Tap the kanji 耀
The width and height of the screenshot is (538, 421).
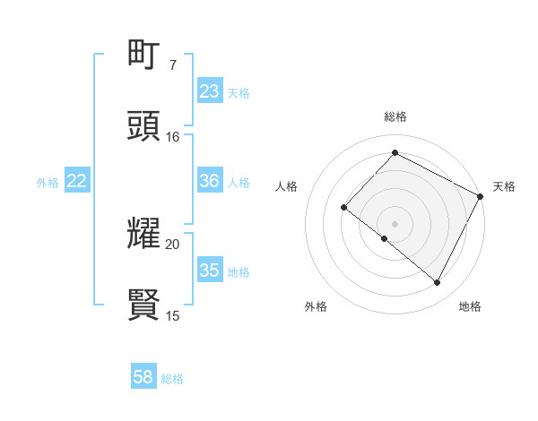click(144, 235)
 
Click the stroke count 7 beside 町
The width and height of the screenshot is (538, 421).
click(172, 64)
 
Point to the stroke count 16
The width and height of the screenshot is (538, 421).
click(172, 136)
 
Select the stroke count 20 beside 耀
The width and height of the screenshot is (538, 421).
click(172, 244)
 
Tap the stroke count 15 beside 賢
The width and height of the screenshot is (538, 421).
click(172, 315)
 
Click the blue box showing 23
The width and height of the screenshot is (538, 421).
click(210, 91)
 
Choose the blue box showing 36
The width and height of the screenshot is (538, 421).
click(210, 181)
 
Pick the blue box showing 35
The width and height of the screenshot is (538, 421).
click(210, 271)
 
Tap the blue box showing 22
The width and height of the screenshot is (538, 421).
click(77, 181)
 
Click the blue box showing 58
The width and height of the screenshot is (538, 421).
click(143, 378)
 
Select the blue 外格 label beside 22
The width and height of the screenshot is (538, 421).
click(48, 183)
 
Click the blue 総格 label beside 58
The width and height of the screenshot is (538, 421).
click(172, 380)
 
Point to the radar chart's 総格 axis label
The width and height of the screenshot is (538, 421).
click(395, 116)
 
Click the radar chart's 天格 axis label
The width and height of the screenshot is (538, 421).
click(504, 186)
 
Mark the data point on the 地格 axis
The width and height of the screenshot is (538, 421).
click(438, 283)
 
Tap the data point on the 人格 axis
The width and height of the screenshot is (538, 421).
click(344, 208)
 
